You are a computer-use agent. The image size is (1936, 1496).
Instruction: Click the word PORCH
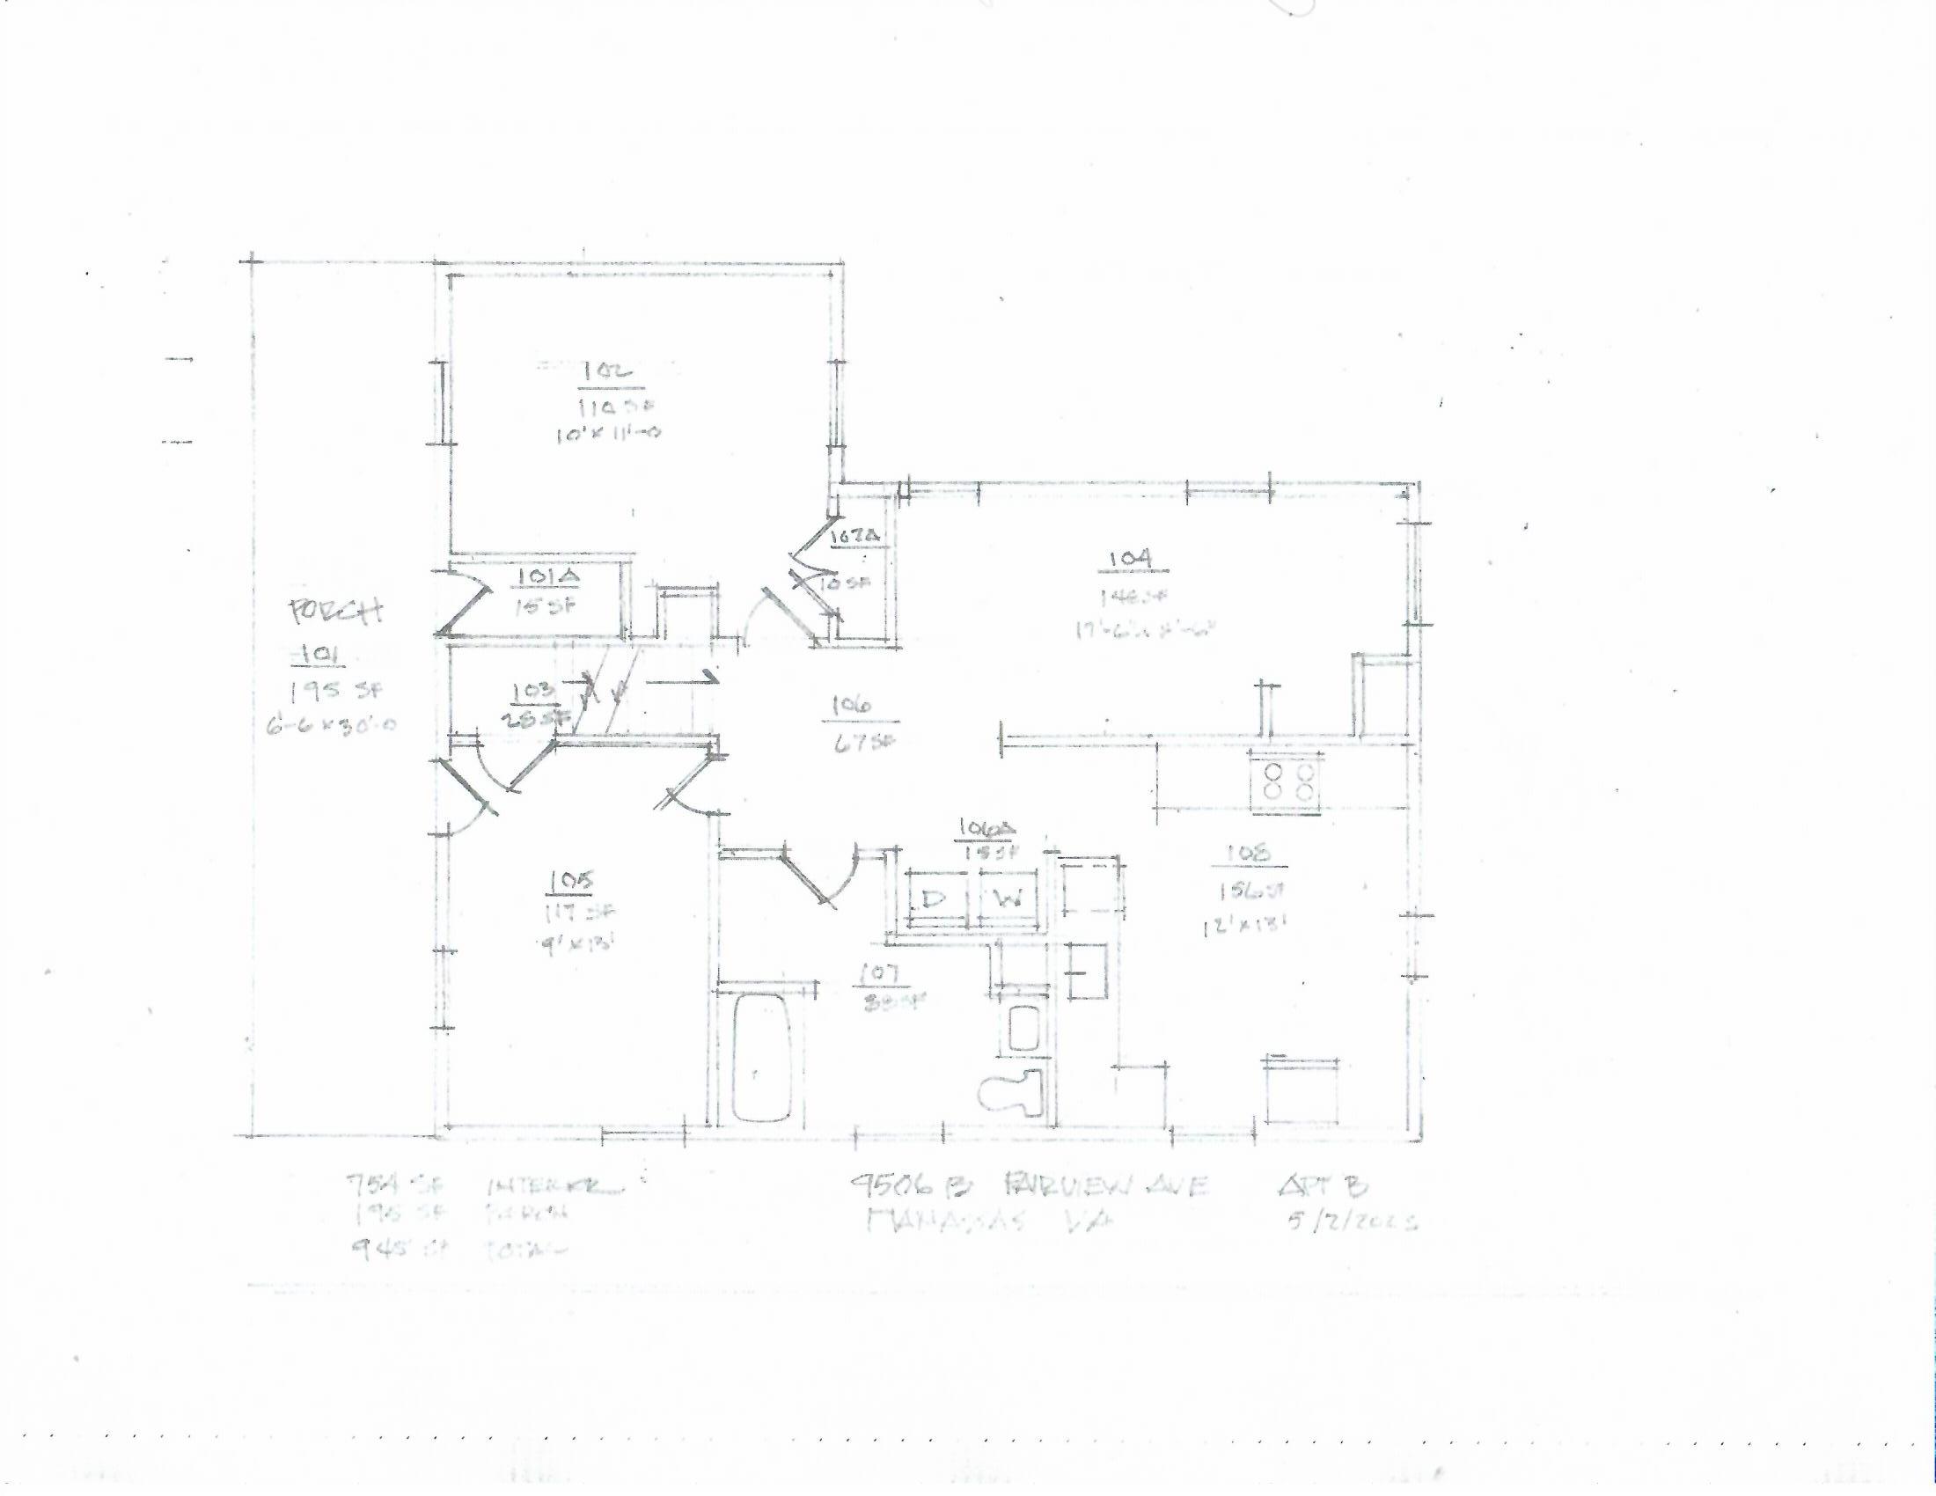click(336, 612)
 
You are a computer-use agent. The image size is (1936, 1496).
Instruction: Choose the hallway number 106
click(852, 706)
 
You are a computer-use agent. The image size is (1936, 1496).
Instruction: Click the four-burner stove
click(1287, 780)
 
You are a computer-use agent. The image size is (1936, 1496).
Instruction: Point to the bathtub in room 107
click(760, 1057)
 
